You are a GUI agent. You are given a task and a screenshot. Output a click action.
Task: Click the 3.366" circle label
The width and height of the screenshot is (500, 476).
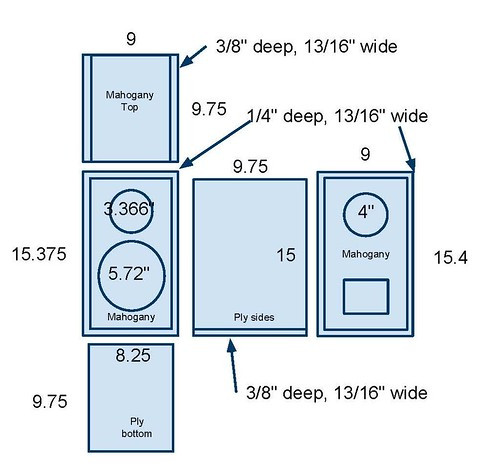129,209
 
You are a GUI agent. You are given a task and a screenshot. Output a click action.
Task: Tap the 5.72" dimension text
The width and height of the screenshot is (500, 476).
129,274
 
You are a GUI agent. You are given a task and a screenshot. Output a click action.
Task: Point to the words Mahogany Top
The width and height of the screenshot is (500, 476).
130,101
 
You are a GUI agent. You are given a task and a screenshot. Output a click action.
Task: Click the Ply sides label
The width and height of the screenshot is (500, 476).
254,317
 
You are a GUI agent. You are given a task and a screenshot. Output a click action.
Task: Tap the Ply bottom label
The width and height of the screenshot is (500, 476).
137,427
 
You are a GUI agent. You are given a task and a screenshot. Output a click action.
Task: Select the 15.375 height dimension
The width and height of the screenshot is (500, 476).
39,254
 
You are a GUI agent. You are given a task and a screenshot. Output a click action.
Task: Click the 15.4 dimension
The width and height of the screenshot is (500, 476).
451,258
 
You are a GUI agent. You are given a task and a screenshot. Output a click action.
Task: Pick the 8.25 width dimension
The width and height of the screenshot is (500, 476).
133,355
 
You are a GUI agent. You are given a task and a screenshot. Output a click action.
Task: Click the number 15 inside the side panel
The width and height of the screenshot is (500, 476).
286,255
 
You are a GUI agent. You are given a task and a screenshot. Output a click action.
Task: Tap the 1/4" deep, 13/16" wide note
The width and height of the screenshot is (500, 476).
337,116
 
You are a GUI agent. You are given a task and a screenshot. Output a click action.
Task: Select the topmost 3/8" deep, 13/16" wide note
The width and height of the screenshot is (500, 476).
307,46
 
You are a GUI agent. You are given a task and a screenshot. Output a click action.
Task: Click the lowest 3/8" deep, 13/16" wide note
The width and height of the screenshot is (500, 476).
337,393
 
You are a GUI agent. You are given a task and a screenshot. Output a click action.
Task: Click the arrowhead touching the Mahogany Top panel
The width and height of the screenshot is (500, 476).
185,60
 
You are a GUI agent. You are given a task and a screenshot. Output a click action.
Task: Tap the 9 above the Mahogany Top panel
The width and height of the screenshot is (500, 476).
131,39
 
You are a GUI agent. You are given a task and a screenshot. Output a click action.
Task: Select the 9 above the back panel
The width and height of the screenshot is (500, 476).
365,154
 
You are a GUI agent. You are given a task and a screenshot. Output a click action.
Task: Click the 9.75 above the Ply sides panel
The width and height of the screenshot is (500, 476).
250,167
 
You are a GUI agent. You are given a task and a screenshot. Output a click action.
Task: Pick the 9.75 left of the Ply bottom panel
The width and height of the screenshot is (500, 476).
50,401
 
